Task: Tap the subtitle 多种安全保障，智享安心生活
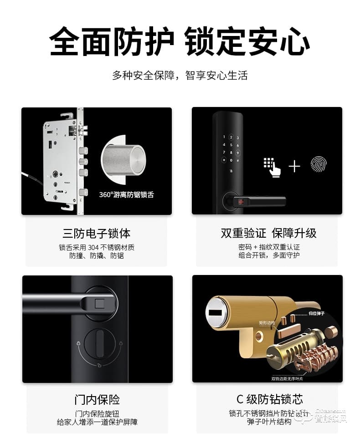click(180, 76)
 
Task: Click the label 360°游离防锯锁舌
click(126, 195)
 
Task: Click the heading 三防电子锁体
click(97, 234)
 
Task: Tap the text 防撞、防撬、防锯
click(97, 256)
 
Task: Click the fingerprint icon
click(319, 164)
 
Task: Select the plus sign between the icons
click(294, 167)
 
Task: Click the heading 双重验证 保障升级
click(268, 234)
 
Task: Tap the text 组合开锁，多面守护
click(269, 255)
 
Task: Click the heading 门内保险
click(97, 400)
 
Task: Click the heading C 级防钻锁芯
click(269, 400)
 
